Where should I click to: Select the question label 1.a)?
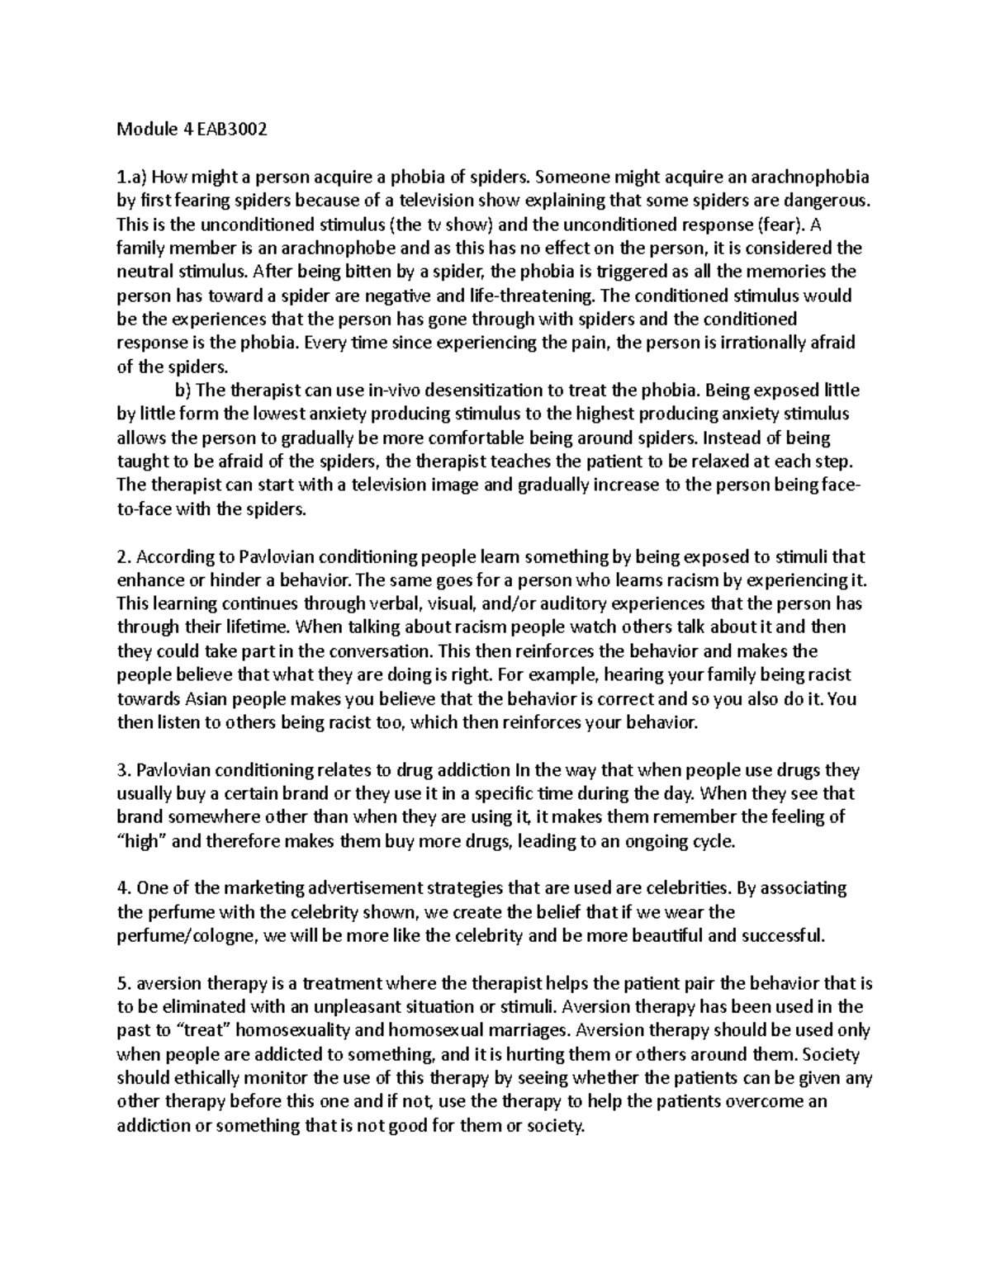pyautogui.click(x=133, y=177)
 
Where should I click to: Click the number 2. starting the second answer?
pyautogui.click(x=124, y=557)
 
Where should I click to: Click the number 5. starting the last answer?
pyautogui.click(x=124, y=984)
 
